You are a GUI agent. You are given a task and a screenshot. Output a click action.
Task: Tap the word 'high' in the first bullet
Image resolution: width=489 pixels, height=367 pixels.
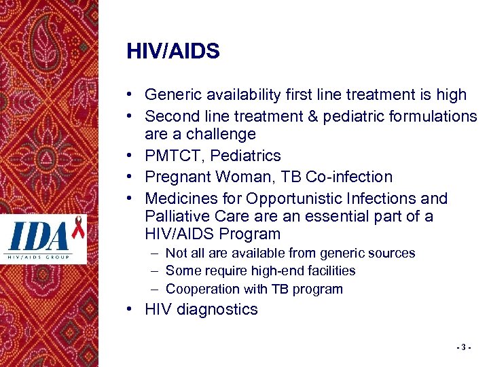coord(452,95)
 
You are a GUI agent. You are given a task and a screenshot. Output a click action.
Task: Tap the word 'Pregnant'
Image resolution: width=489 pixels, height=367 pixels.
coord(177,177)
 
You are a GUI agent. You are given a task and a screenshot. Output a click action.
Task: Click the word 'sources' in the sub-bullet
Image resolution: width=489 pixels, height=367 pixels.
coord(391,254)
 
